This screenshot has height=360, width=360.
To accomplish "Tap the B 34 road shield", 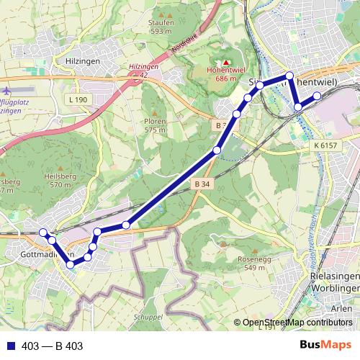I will click(x=202, y=184).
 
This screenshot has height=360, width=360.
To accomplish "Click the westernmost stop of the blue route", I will click(x=42, y=232).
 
